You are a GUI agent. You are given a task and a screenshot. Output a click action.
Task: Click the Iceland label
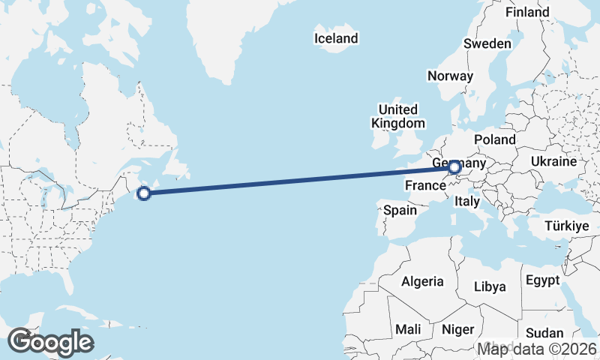[x=336, y=38]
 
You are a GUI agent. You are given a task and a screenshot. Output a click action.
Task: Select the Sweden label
[x=487, y=43]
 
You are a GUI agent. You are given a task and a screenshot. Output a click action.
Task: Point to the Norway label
[x=450, y=76]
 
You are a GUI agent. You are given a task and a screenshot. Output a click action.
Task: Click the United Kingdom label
[x=398, y=116]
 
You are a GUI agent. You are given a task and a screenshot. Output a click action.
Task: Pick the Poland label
[x=495, y=139]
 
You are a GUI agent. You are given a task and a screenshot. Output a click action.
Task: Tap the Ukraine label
[x=553, y=161]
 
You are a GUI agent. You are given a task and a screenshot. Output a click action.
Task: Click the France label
[x=426, y=184]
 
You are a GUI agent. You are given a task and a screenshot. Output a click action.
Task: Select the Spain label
[x=400, y=211]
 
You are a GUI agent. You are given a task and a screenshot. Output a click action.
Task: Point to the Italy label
[x=468, y=202]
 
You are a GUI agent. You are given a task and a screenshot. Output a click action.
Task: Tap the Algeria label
[x=423, y=282]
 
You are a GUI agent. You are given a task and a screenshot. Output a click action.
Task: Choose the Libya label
[x=490, y=286]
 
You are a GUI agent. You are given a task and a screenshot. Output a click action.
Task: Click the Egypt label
[x=543, y=280]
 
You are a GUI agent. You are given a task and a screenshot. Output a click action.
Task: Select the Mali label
[x=408, y=329]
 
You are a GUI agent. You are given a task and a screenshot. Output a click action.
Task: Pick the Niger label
[x=458, y=329]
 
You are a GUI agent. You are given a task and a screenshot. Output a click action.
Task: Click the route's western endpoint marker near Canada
[x=145, y=193]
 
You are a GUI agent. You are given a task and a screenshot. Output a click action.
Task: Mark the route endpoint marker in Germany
[x=454, y=167]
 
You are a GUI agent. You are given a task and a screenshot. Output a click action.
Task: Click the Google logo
[x=50, y=342]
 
